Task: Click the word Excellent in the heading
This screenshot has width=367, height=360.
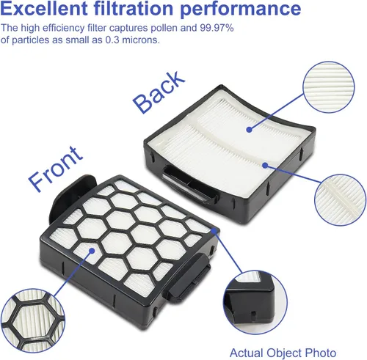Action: pyautogui.click(x=44, y=8)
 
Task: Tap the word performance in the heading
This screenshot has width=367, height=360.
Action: pyautogui.click(x=240, y=10)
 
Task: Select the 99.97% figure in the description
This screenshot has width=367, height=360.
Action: pyautogui.click(x=217, y=28)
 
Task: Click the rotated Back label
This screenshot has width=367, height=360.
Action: pyautogui.click(x=159, y=92)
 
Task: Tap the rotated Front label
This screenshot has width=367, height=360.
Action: pyautogui.click(x=56, y=169)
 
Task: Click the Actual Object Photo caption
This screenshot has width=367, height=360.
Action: pyautogui.click(x=283, y=353)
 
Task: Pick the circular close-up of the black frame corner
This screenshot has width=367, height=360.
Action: pyautogui.click(x=255, y=302)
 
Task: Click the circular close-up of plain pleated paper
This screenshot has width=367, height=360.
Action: pyautogui.click(x=329, y=87)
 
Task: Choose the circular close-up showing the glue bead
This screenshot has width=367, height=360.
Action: pyautogui.click(x=340, y=200)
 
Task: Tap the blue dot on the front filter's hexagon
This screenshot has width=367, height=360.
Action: pyautogui.click(x=92, y=251)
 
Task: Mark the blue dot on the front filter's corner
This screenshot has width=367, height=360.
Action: pyautogui.click(x=214, y=231)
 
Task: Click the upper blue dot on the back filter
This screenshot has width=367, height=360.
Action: pyautogui.click(x=249, y=130)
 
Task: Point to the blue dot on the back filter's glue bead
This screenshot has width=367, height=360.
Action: pyautogui.click(x=265, y=166)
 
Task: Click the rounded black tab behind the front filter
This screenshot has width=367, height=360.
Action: pyautogui.click(x=71, y=196)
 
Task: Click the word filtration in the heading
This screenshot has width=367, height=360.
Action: pyautogui.click(x=134, y=8)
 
